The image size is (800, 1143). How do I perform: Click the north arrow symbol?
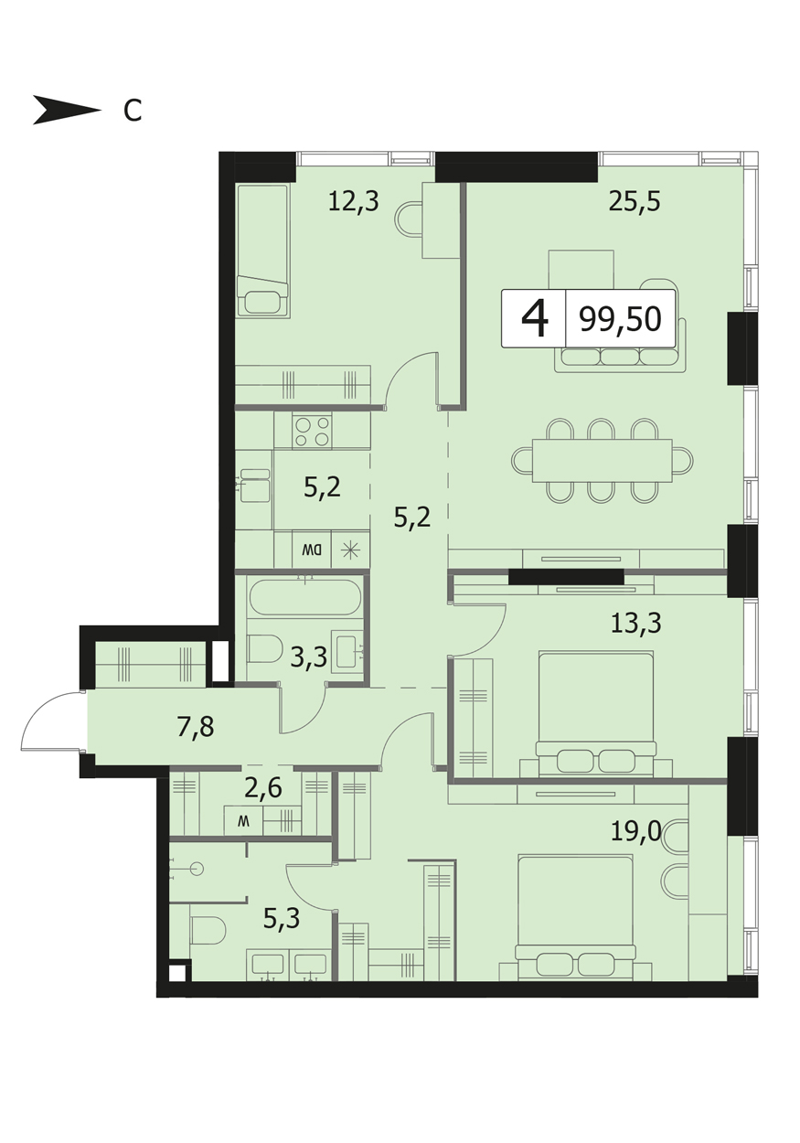67,110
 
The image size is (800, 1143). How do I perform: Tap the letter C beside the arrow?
133,111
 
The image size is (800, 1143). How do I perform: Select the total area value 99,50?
620,319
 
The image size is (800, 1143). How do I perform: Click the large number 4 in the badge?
535,318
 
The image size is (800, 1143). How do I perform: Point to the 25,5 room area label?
635,202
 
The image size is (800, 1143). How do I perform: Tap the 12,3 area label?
353,201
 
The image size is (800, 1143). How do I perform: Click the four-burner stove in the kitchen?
313,432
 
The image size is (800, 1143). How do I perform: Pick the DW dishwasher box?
312,550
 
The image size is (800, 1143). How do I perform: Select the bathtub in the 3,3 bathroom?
304,596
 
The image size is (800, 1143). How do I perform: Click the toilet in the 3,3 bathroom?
265,649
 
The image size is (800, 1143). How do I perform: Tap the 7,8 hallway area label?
196,727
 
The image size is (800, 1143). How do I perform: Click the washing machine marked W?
244,821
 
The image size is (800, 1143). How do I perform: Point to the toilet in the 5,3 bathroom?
208,931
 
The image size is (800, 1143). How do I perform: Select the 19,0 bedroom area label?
635,832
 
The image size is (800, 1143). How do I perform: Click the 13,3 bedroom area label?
635,623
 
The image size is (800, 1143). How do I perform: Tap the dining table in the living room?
602,460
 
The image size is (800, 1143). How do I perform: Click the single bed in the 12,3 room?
262,251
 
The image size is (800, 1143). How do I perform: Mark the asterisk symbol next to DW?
350,550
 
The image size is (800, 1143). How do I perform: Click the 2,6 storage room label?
262,788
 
